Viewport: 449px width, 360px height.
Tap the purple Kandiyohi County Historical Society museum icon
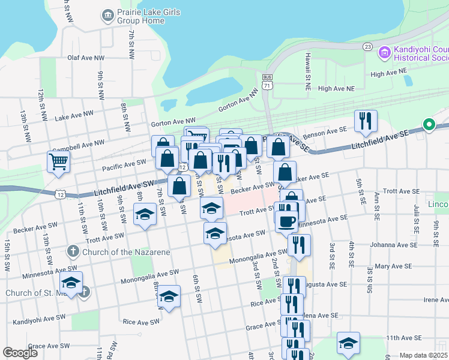[x=384, y=54]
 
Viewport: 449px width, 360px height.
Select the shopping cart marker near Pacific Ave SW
[x=58, y=161]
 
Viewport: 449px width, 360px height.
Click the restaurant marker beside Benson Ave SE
[x=365, y=121]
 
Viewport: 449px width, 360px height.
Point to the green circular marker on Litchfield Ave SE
[x=429, y=125]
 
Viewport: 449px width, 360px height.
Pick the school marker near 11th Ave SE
[x=348, y=343]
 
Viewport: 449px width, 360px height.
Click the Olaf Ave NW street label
[x=82, y=58]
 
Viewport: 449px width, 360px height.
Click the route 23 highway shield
[x=368, y=47]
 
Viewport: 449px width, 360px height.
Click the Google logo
[x=20, y=353]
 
